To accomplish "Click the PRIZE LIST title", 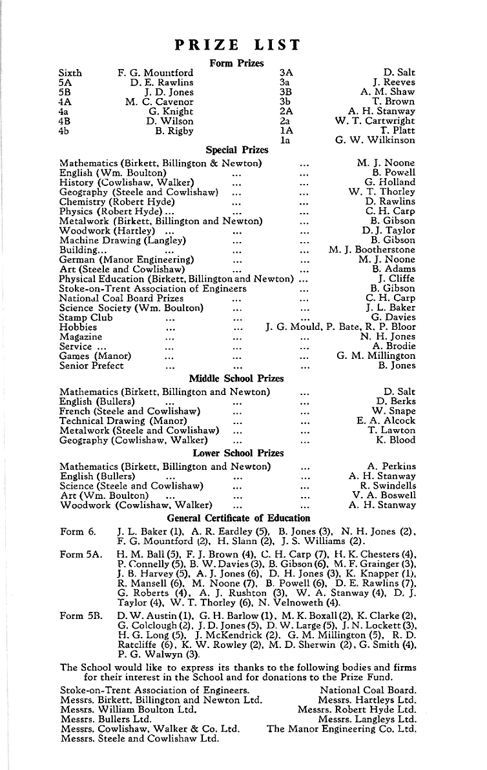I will [x=238, y=45].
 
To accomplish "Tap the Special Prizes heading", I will [x=237, y=150].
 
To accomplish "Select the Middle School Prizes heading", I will [x=236, y=378].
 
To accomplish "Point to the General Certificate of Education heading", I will [x=238, y=518].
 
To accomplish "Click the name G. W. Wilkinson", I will [x=375, y=140].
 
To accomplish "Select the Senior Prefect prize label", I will [x=91, y=366].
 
